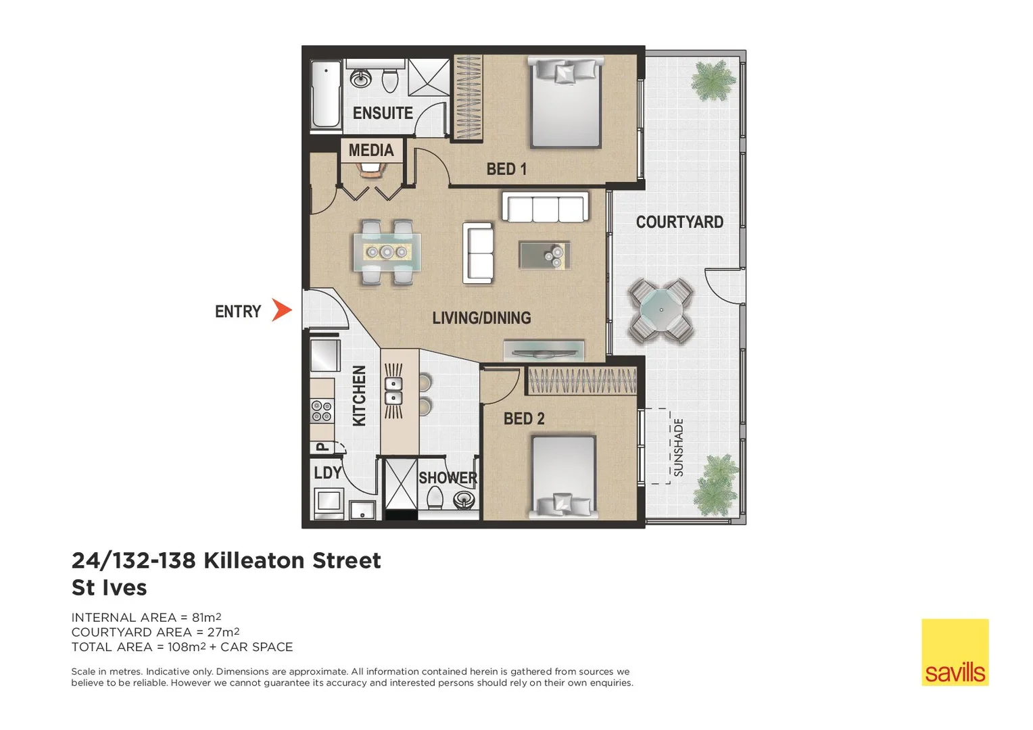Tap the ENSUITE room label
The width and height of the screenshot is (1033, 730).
coord(383,113)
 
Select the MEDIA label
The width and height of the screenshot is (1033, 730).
coord(371,150)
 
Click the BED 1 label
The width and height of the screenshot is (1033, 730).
coord(506,169)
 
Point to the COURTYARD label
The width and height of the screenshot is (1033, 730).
coord(679,222)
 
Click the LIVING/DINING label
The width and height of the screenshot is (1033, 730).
coord(481,318)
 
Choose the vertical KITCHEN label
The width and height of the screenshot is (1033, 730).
coord(359,395)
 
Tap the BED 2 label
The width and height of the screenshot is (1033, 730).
coord(524,419)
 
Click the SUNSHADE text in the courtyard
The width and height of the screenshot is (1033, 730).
coord(679,447)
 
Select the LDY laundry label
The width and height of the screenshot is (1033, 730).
coord(328,472)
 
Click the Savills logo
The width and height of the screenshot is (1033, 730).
coord(955,652)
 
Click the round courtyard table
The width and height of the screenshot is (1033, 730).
coord(661,311)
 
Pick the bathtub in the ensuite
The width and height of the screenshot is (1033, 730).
coord(326,94)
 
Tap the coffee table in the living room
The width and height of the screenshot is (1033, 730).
coord(545,255)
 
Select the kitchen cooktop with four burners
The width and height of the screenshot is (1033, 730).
coord(322,410)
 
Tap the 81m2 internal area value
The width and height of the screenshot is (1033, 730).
coord(206,617)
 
